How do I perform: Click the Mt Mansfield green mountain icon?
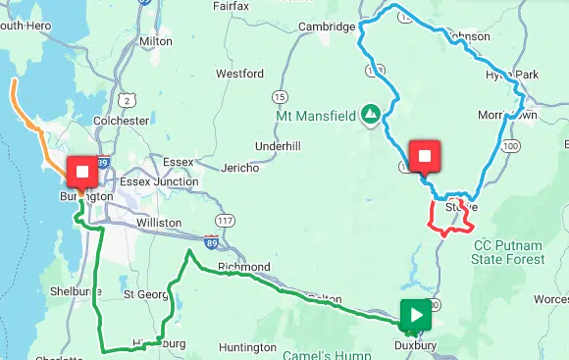(x=370, y=116)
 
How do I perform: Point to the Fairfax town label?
(x=232, y=6)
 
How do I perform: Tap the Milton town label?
(x=156, y=42)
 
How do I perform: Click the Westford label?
(x=239, y=74)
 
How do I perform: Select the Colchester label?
(x=120, y=121)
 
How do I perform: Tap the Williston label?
(x=159, y=223)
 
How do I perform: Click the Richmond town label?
(x=244, y=267)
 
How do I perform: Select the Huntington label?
(x=247, y=347)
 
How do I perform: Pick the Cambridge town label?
(x=327, y=27)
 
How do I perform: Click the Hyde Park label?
(x=512, y=75)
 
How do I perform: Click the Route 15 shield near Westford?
(x=281, y=96)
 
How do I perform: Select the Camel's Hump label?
(x=313, y=343)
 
